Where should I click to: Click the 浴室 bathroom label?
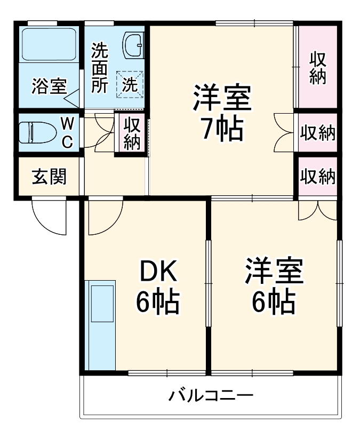coord(49,86)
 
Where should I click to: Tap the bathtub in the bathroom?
coord(49,44)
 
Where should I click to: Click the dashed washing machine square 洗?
coord(130,84)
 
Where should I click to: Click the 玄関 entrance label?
coord(49,177)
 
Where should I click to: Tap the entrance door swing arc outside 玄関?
coord(48,216)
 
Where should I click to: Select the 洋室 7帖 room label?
coord(222,112)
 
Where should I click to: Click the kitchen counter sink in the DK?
coord(102,303)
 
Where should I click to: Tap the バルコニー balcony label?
coord(211,396)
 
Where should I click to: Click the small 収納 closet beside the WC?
coord(131,133)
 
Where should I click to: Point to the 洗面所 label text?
coord(99,68)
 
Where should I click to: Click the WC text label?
coord(67,132)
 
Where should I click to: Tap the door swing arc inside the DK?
coord(105,216)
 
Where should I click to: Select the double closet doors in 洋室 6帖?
coord(317,211)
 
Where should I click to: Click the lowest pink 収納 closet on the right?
coord(318,176)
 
